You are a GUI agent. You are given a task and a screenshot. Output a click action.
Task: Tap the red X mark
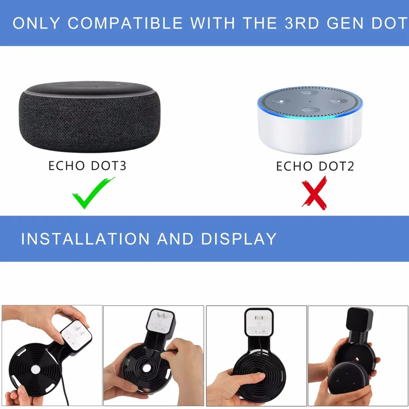[314, 193]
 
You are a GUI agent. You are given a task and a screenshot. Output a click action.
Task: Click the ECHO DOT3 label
[88, 166]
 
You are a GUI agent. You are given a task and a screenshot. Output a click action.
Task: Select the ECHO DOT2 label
[315, 166]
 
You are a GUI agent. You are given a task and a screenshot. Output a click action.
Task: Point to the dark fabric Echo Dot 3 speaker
[90, 119]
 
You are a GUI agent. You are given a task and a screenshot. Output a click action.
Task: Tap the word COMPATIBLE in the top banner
[125, 23]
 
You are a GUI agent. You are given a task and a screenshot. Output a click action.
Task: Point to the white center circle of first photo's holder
[36, 369]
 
